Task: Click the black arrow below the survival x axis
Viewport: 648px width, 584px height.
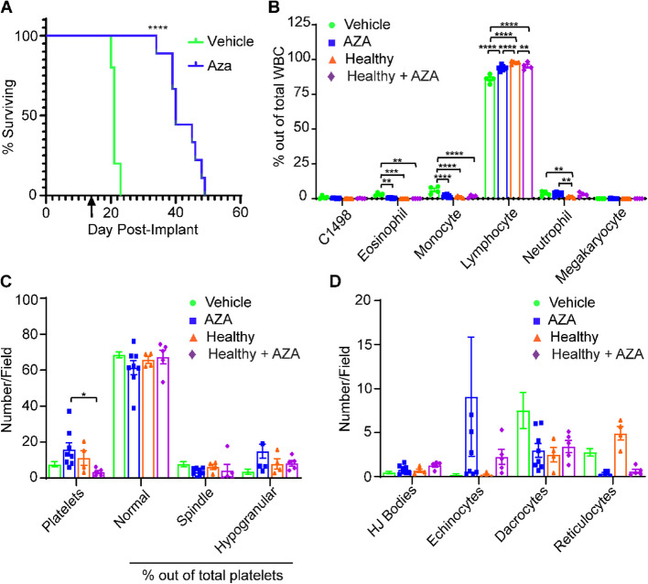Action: click(x=92, y=207)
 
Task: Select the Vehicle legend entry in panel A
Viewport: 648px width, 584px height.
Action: click(x=221, y=41)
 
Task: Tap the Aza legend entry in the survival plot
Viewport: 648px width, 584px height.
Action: click(x=210, y=66)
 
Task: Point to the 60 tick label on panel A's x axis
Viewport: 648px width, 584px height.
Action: click(x=240, y=212)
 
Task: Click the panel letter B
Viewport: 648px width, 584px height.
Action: click(x=274, y=7)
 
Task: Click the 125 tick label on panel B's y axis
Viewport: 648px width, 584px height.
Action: click(x=298, y=22)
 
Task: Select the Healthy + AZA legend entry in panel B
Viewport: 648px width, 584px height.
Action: click(x=383, y=77)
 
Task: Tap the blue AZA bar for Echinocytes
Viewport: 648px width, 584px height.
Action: click(x=471, y=437)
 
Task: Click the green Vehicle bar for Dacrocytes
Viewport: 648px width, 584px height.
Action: click(x=523, y=444)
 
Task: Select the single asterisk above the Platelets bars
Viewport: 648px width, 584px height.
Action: click(x=84, y=395)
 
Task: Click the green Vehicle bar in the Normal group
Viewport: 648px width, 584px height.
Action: click(x=119, y=416)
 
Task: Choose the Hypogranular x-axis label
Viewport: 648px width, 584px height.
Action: click(x=245, y=520)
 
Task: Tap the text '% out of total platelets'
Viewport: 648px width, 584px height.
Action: click(x=213, y=575)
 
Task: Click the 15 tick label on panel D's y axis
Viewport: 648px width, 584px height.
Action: click(x=362, y=344)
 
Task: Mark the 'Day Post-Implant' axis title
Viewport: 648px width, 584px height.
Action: click(x=143, y=230)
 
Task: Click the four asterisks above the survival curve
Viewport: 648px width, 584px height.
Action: click(x=157, y=28)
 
